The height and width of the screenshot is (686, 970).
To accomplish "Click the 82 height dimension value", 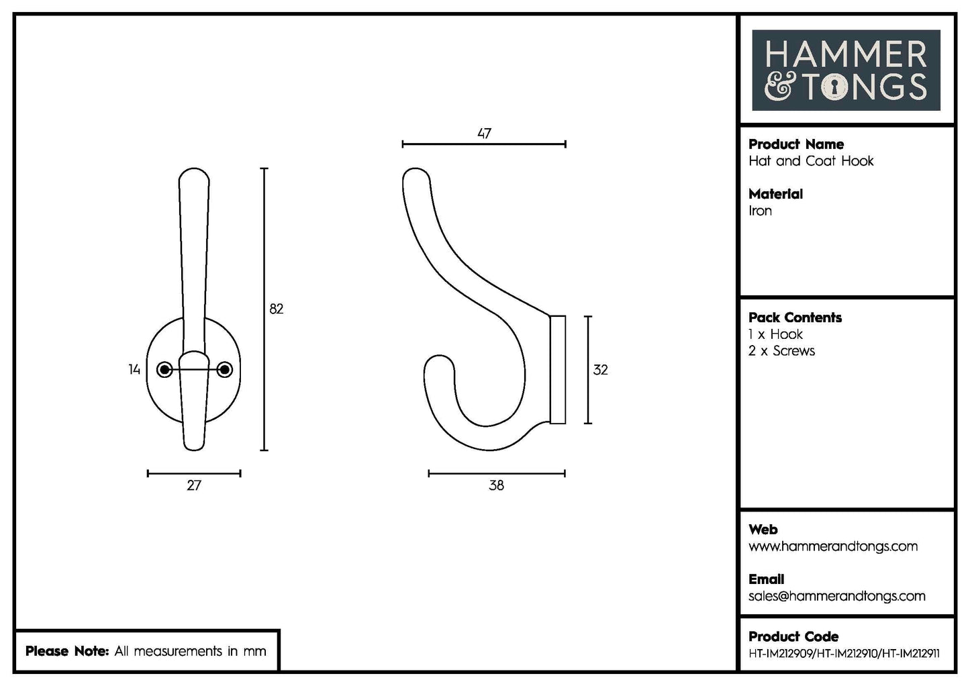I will (276, 309).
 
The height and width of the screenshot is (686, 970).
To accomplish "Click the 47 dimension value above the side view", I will (484, 134).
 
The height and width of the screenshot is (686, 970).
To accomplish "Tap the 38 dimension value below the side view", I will (496, 485).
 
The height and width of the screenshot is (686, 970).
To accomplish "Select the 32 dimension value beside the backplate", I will (600, 370).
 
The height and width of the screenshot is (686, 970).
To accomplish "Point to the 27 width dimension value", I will (193, 485).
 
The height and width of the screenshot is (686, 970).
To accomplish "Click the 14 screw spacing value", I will (134, 369).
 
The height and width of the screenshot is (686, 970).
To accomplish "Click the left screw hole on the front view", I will (164, 370).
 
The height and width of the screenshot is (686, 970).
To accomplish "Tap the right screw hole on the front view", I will (225, 370).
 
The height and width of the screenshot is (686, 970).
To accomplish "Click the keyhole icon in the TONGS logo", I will (834, 87).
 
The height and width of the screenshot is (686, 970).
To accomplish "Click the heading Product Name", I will (795, 144).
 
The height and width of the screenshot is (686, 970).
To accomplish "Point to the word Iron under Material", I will (760, 211).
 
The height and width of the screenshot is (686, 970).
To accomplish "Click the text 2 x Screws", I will (781, 351).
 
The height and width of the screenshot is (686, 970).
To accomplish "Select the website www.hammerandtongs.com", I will (832, 546).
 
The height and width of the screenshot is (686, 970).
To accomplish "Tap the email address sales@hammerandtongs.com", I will (836, 596).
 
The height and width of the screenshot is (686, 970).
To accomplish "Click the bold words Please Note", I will (66, 651).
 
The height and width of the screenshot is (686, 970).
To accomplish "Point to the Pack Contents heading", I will (795, 317).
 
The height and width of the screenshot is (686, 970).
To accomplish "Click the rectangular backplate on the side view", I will (558, 369).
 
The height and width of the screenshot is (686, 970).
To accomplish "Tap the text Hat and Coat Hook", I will (811, 161).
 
